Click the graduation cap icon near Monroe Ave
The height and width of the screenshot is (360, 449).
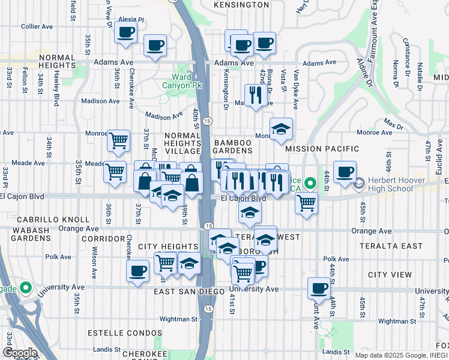[280, 128]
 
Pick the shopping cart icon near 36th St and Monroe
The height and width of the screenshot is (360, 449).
[118, 140]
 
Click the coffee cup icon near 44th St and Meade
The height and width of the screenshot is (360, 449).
[345, 172]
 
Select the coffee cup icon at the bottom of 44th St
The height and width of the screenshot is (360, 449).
[319, 287]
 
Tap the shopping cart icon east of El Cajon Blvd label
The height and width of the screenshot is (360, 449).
[307, 203]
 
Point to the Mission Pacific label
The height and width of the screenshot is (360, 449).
[322, 149]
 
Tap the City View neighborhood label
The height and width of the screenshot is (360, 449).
[390, 275]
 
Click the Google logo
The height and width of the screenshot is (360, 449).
[20, 353]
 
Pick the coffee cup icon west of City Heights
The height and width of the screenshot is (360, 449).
[137, 270]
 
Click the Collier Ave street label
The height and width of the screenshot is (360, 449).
[38, 26]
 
